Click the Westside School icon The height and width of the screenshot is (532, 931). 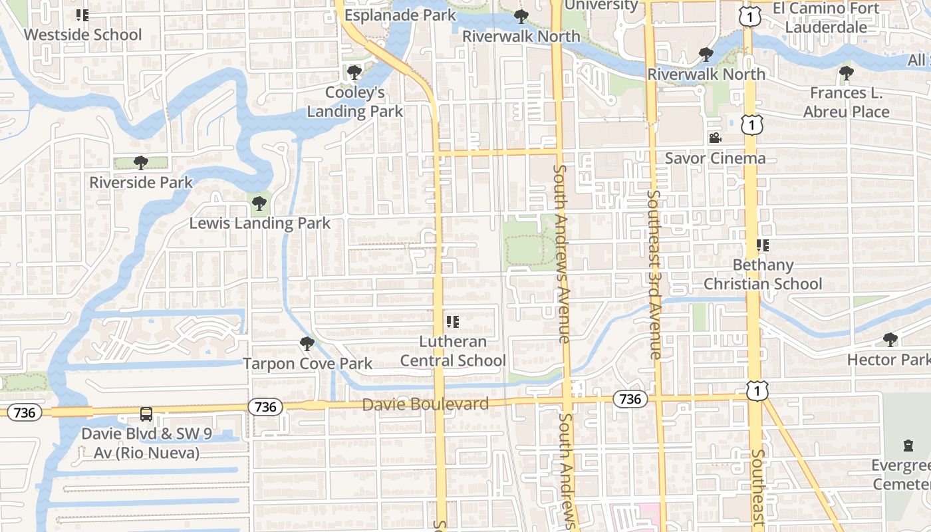(x=82, y=15)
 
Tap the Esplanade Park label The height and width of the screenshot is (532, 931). (x=400, y=15)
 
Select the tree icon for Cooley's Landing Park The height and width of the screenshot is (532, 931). (x=354, y=72)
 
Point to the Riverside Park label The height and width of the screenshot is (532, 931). (x=141, y=182)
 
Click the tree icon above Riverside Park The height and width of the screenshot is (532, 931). (x=140, y=162)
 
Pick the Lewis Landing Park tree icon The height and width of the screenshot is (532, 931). (x=259, y=203)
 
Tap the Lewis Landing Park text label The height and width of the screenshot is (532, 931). (x=260, y=223)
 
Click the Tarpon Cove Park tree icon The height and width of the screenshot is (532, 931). (x=307, y=344)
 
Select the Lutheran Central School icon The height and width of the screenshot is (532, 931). (x=453, y=322)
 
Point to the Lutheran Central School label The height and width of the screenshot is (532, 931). (x=453, y=351)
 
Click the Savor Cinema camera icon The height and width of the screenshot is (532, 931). (x=715, y=138)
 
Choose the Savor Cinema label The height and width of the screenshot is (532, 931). (x=716, y=158)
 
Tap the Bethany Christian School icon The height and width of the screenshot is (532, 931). (x=763, y=245)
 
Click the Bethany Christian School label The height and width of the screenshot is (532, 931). (x=763, y=274)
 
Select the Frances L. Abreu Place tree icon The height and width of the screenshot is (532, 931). (x=846, y=72)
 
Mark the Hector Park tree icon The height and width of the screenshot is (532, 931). (x=890, y=340)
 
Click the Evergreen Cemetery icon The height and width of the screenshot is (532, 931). (x=908, y=445)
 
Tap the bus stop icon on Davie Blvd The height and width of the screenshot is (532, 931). (x=146, y=414)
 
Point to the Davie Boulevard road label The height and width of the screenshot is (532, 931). (x=426, y=404)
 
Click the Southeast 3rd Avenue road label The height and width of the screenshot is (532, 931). (x=654, y=274)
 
